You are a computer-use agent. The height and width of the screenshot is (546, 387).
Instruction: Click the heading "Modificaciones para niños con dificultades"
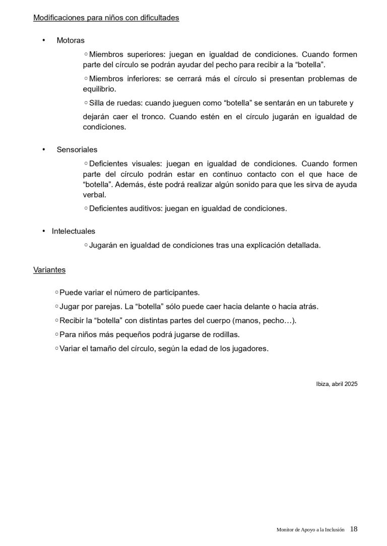pos(106,18)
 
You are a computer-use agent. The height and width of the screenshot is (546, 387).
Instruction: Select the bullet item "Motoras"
pos(71,40)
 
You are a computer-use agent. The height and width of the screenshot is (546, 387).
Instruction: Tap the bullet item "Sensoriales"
pos(77,150)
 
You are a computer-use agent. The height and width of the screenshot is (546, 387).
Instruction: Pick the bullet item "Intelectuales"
pos(73,231)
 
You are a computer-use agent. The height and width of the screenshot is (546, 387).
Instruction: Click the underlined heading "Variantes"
pos(49,270)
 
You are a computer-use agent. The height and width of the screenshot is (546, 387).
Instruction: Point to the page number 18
pos(354,529)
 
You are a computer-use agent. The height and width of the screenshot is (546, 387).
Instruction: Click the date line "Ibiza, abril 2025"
pos(334,384)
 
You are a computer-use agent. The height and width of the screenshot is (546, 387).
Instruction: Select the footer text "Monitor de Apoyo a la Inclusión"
pos(311,529)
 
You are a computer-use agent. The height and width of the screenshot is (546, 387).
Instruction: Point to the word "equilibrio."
pos(100,89)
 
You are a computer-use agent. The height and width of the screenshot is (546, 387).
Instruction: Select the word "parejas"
pos(103,306)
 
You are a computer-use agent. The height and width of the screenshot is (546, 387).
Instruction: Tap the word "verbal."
pos(95,195)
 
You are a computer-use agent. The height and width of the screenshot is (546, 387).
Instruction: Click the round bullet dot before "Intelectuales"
pos(44,231)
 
